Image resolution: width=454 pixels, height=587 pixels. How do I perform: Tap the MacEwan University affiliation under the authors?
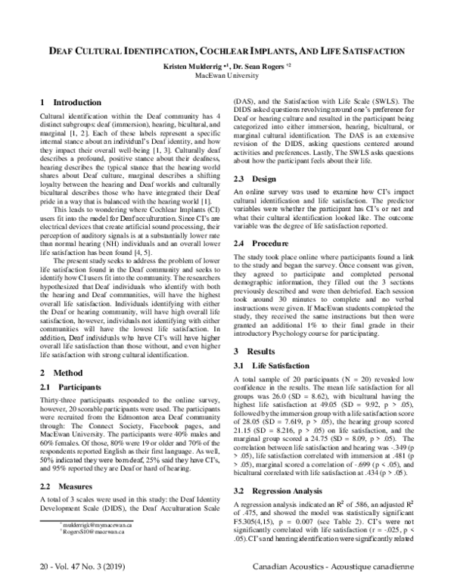point(226,76)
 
